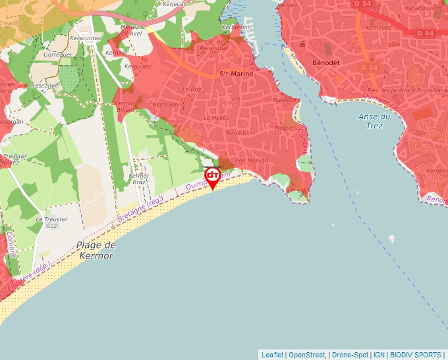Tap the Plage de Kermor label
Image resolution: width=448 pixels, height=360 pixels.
[96, 250]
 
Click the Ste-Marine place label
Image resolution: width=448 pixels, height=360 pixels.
[236, 74]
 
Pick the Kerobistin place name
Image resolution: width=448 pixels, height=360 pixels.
[240, 132]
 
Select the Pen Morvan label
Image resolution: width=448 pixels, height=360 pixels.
[249, 160]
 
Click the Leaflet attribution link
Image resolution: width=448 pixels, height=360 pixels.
[273, 355]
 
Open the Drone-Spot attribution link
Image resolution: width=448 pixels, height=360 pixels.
[350, 355]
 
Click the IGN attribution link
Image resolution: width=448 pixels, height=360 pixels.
[379, 355]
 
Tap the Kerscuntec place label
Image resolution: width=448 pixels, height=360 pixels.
[91, 38]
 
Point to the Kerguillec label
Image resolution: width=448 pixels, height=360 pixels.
[138, 66]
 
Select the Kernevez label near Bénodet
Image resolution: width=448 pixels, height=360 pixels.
[379, 28]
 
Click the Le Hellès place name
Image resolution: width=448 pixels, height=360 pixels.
[215, 117]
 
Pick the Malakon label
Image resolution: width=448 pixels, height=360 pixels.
[286, 100]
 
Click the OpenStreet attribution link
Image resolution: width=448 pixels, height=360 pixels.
[308, 355]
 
